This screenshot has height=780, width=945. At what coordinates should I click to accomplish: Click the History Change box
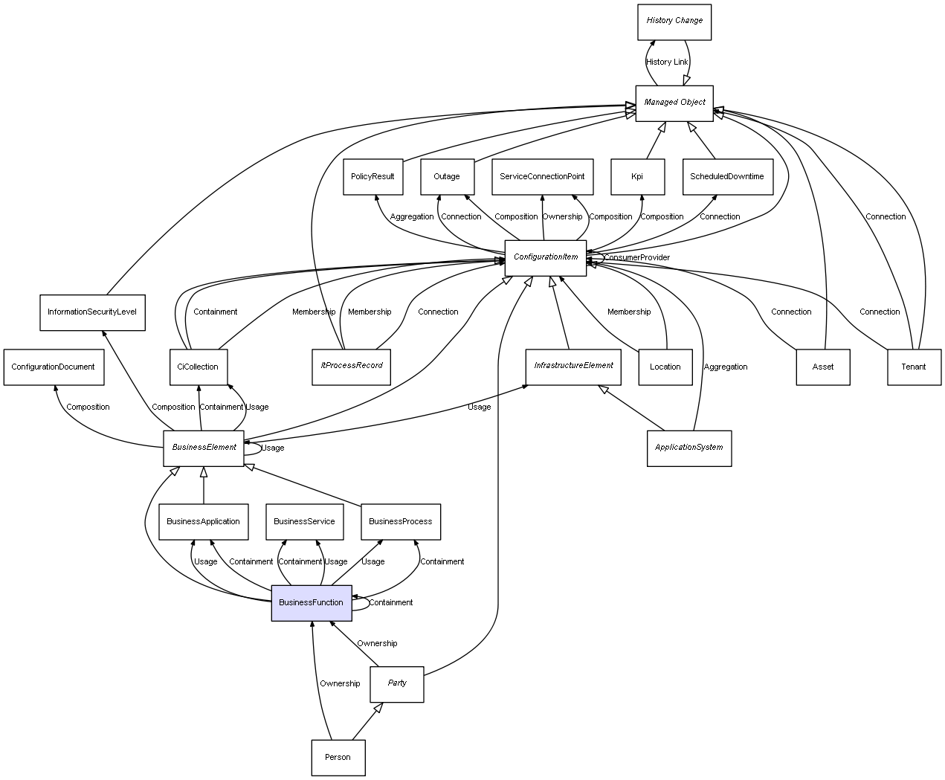point(674,22)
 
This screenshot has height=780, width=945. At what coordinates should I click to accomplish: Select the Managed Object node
point(674,103)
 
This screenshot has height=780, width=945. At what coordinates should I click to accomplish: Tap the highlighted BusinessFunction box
point(311,602)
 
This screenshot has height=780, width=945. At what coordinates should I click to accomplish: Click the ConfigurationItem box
point(546,257)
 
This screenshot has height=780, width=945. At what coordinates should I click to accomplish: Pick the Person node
point(338,757)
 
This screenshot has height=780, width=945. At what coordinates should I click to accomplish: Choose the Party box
point(397,683)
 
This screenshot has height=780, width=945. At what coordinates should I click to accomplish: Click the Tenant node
point(914,367)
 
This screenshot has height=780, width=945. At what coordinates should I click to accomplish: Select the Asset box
point(822,367)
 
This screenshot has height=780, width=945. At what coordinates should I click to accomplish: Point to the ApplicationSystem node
point(688,448)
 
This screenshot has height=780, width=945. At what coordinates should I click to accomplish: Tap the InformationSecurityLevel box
point(92,312)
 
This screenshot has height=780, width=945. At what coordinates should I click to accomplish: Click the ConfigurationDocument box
point(54,367)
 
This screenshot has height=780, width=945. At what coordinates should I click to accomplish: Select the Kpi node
point(637,177)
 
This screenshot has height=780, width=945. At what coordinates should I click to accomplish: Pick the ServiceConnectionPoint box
point(542,177)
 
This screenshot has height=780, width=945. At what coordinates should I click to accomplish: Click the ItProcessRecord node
point(352,366)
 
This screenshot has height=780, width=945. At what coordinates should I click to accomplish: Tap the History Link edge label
point(667,62)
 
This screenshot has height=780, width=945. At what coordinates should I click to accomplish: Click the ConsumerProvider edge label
point(637,258)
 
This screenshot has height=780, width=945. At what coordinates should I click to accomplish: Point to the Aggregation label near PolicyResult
point(412,217)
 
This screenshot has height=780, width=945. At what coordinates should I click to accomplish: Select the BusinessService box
point(304,521)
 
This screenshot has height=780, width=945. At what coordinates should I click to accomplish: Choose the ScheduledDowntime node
point(727,177)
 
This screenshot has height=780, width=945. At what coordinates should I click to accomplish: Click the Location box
point(665,367)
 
